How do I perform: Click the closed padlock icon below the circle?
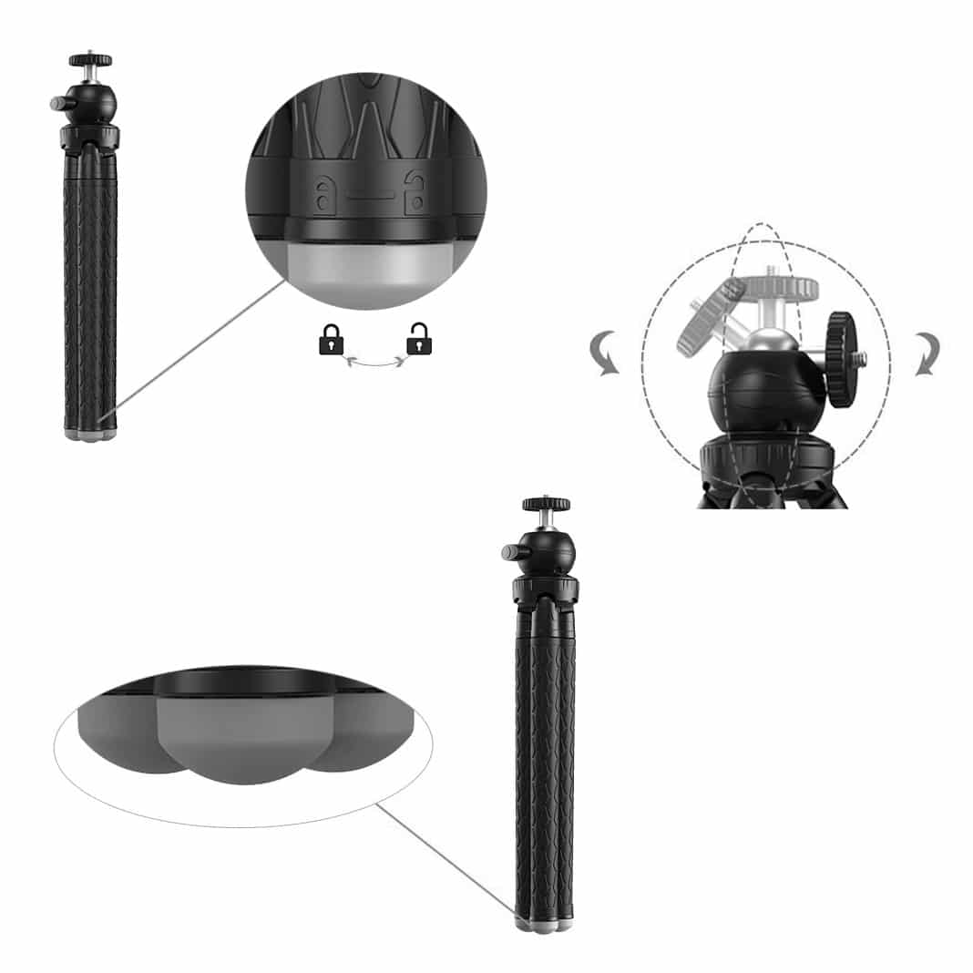[x=331, y=342]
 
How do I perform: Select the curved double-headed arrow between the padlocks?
[x=374, y=362]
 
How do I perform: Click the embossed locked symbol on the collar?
[x=323, y=192]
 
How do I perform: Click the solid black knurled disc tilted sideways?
[x=840, y=358]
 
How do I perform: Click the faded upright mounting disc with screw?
[x=781, y=287]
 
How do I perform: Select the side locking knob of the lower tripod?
[x=509, y=552]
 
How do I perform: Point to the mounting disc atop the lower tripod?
[x=546, y=504]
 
